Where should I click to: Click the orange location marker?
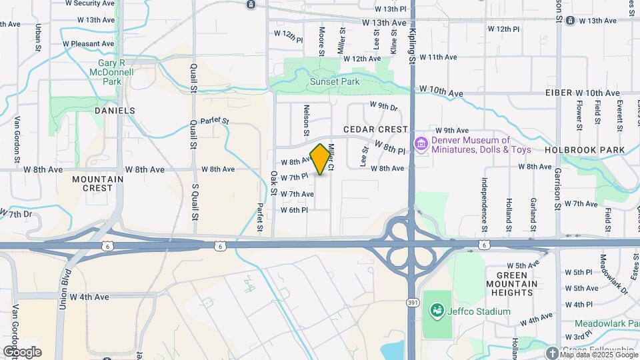321,159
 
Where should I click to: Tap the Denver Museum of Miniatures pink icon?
421,144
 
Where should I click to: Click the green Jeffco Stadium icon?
437,311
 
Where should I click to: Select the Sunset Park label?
334,82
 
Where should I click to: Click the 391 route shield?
413,302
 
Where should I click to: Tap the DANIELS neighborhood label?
115,111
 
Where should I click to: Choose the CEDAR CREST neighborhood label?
375,129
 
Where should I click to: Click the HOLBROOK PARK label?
585,150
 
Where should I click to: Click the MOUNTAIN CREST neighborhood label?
97,183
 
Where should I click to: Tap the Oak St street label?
273,183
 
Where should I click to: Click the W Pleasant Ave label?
89,44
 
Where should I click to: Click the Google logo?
21,351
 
